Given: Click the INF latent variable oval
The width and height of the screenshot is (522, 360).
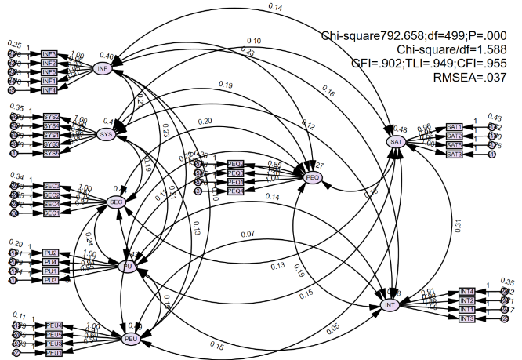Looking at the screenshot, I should pos(102,69).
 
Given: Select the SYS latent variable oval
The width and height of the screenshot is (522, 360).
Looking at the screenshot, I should pos(107,134).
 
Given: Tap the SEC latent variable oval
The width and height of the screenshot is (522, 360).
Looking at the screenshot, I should pos(118,202).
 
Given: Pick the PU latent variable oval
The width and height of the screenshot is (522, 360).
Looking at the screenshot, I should pos(127,267).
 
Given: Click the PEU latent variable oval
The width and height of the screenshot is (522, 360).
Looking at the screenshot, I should pos(131,338).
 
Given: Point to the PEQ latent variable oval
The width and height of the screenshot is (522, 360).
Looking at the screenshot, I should pos(313,178).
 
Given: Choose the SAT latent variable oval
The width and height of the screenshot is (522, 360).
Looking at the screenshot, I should pos(396,141).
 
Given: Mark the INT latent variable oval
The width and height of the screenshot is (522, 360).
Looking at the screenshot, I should pos(390,305).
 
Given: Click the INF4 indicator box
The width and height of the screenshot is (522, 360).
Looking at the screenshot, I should pos(49,91).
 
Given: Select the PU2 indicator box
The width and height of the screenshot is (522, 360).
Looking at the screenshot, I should pos(51,253).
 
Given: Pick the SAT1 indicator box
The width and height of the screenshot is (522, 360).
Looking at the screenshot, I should pos(454,126).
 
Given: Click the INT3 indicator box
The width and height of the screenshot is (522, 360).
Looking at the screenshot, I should pos(466,319).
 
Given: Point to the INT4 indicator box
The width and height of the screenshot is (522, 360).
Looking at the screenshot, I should pos(467,292).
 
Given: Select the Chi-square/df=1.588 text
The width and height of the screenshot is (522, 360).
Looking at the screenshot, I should pos(454,49).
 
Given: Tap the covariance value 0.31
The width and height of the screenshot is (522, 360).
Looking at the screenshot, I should pos(459,224).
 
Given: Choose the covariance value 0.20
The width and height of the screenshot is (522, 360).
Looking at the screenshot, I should pos(205,122).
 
